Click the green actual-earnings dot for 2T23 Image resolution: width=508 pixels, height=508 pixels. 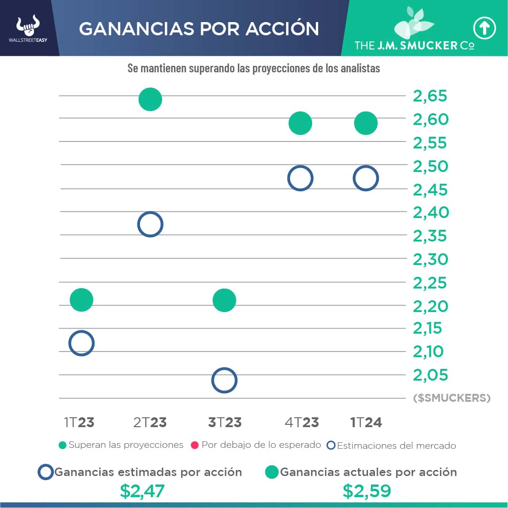coord(150,99)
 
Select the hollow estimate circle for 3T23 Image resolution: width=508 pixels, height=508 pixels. coord(224,380)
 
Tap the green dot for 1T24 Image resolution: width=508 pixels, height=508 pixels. coord(366,123)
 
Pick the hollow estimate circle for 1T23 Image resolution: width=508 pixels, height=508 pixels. coord(81,343)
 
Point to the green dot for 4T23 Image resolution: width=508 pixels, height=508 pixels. coord(300,123)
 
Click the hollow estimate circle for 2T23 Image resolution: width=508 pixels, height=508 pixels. coord(150,224)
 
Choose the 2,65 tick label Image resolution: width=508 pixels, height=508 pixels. coord(430,96)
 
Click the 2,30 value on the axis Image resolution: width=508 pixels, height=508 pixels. coord(430,259)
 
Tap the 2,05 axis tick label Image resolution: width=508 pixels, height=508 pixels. coord(430,375)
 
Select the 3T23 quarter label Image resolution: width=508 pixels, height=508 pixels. coord(225,422)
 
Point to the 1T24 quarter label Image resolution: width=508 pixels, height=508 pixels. coord(366,422)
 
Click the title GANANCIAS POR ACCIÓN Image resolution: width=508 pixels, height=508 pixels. coord(199,29)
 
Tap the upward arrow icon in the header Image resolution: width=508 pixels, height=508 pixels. coord(485,29)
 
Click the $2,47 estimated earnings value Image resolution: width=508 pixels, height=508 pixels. coord(142,491)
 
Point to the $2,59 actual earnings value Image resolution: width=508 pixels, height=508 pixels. coord(367,491)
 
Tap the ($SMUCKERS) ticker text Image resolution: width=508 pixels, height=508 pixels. coord(452,399)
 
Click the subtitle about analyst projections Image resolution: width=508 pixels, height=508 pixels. coord(254,68)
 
